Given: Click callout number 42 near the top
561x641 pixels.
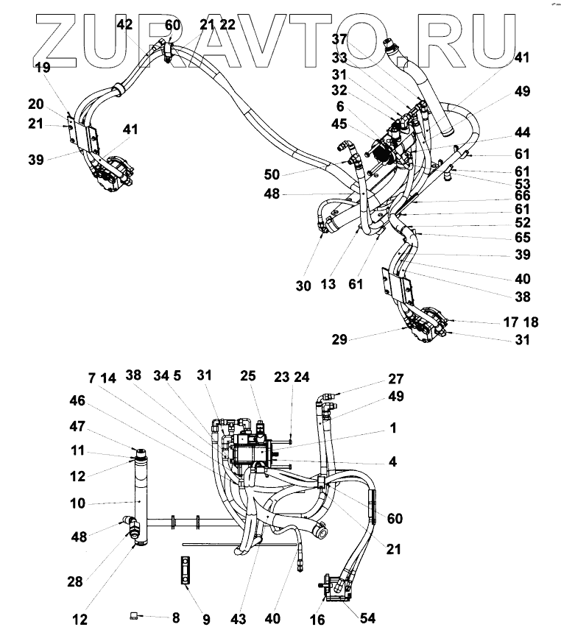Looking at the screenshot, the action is pyautogui.click(x=125, y=25).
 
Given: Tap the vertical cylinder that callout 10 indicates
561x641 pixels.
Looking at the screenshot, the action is pyautogui.click(x=141, y=500).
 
